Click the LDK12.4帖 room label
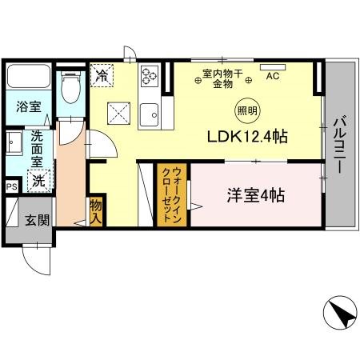coord(247,137)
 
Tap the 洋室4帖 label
coord(256,196)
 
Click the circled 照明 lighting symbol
coord(247,110)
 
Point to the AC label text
coord(273,76)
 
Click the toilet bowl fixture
coord(70,87)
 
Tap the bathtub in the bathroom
coord(29,76)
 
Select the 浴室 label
coord(29,106)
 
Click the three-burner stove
coord(150,76)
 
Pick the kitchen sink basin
coord(150,115)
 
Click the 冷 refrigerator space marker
coord(102,75)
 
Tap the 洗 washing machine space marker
coord(39,181)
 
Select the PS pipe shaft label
coord(12,186)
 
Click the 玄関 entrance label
coord(37,221)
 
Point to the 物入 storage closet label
coord(96,212)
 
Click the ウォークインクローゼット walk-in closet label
coord(171,195)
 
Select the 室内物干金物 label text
coord(223,79)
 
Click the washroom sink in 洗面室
coord(14,143)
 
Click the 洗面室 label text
coord(37,149)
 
